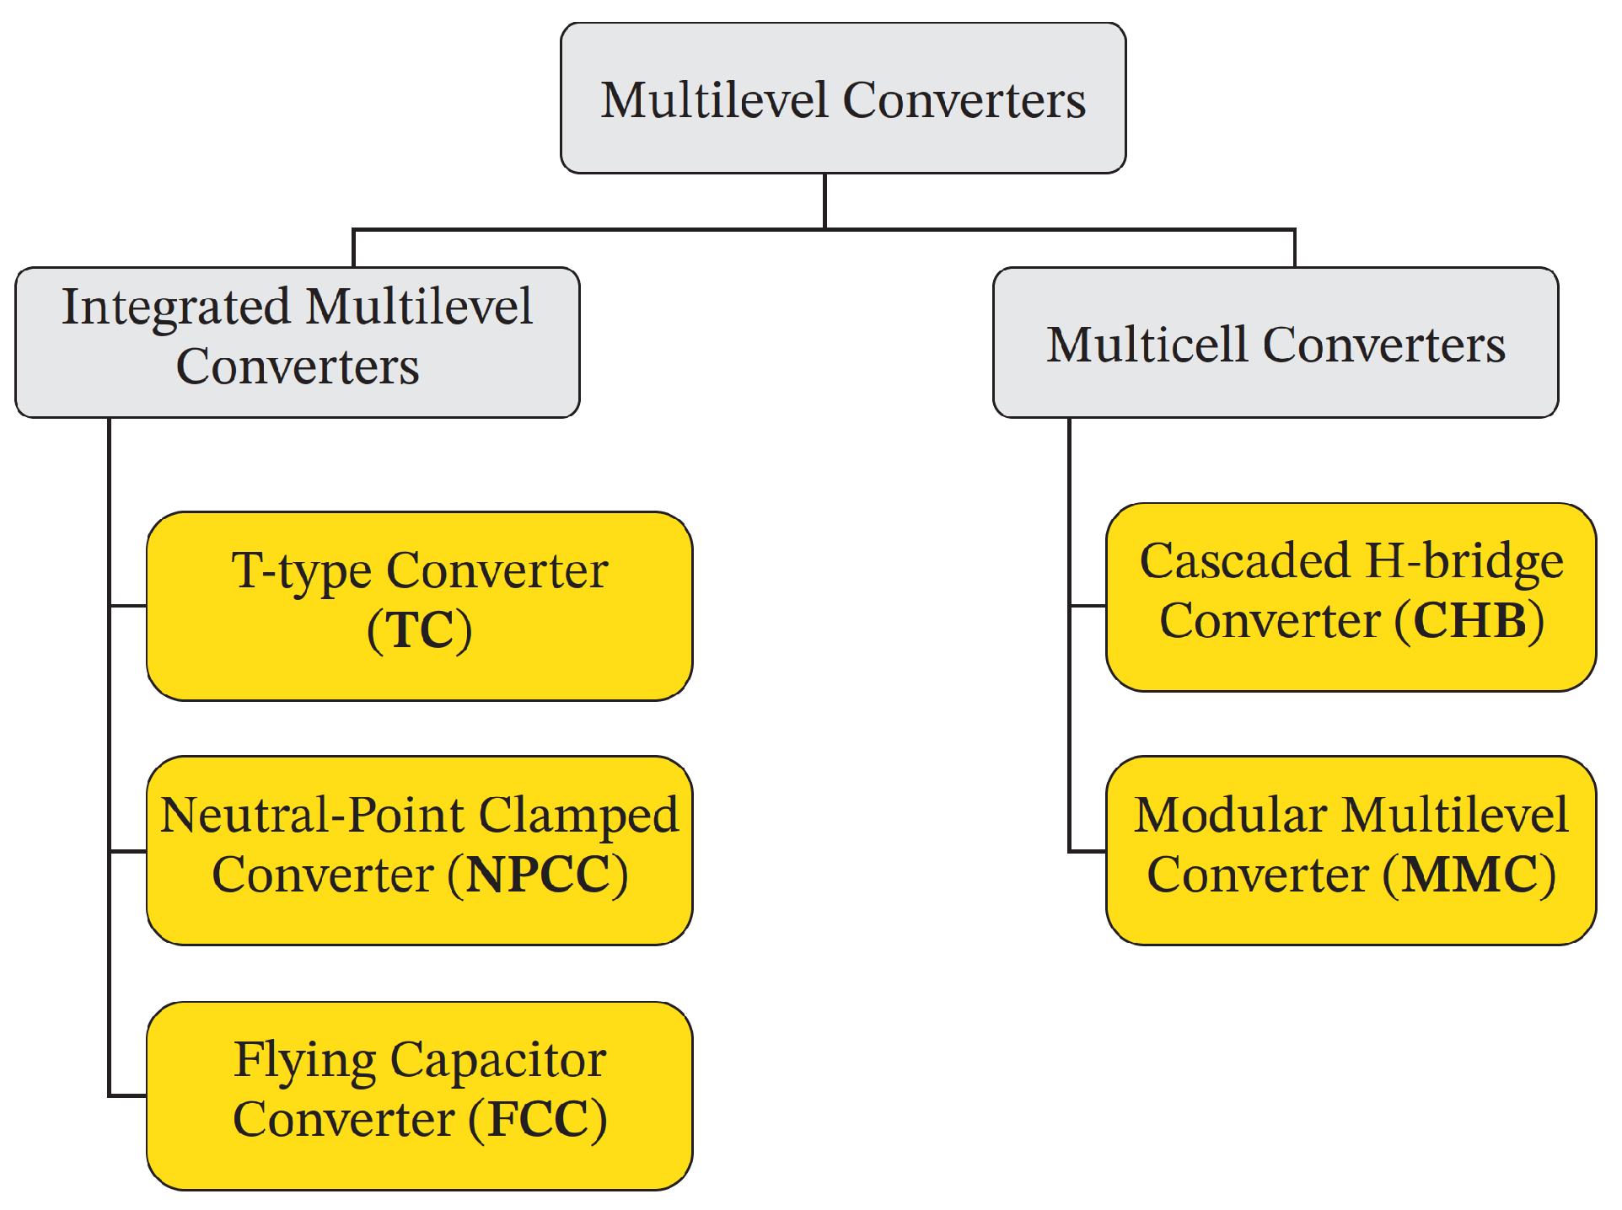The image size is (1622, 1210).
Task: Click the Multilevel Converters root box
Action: tap(843, 99)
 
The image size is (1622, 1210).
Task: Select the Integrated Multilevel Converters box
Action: tap(298, 342)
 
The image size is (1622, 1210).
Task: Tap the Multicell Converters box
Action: tap(1276, 343)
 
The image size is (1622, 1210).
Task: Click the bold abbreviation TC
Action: tap(420, 629)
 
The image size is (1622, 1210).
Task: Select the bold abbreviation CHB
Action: tap(1469, 621)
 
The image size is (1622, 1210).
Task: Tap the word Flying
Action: tap(304, 1060)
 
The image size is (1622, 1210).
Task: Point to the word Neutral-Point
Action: tap(312, 815)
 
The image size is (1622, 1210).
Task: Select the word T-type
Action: tap(301, 571)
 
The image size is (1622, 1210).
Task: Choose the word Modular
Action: tap(1231, 815)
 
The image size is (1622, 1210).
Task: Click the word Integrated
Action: tap(176, 307)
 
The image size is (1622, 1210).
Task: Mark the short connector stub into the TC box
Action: tap(129, 605)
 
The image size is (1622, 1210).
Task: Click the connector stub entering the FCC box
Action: tap(129, 1095)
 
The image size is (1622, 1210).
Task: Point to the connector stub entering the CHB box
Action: tap(1088, 605)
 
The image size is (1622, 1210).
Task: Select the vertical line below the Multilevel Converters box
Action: tap(824, 201)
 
